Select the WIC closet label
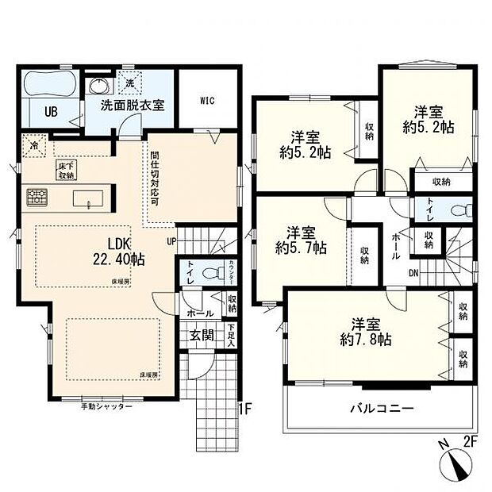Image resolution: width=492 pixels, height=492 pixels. click(208, 101)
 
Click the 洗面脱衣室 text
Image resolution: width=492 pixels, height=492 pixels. click(132, 105)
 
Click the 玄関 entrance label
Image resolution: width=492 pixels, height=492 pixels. click(201, 334)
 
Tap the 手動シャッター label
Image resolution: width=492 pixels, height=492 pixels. click(106, 406)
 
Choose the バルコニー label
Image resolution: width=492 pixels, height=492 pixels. click(382, 409)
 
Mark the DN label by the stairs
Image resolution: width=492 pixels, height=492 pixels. click(412, 274)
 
